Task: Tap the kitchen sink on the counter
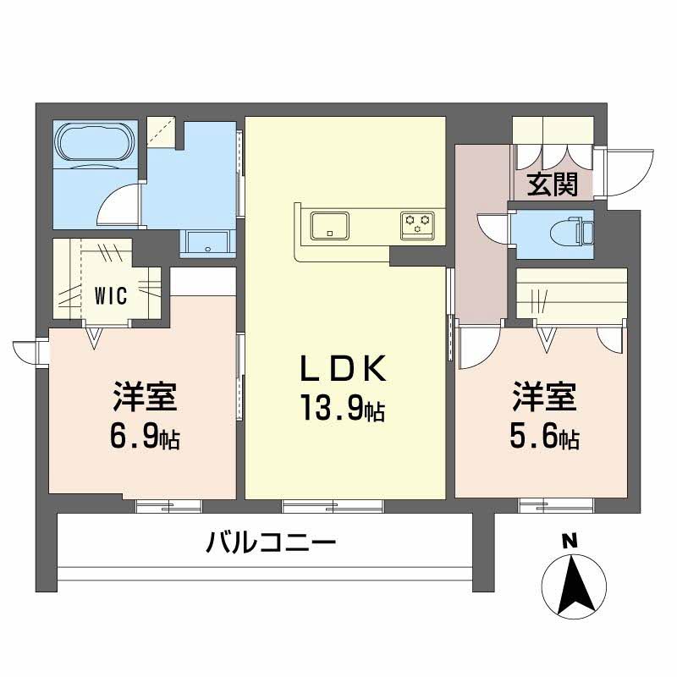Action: (327, 226)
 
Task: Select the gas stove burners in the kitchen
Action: (416, 224)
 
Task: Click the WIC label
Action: (110, 295)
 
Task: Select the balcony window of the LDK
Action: (333, 506)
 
